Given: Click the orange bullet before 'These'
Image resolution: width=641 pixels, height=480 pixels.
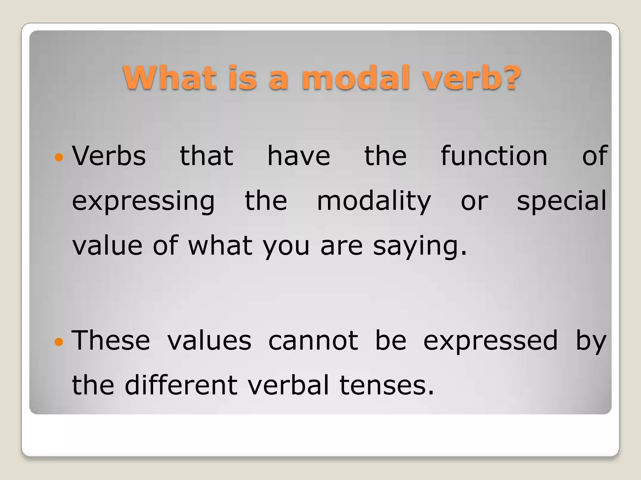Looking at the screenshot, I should point(59,342).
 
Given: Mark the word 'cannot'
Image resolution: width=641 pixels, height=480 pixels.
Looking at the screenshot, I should point(313,341).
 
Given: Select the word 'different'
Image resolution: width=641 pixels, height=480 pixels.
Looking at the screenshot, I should point(181,385).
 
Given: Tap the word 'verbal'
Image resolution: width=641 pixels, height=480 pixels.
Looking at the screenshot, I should point(288,385).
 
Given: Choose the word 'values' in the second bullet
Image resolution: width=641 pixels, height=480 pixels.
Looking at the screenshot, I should point(209,341).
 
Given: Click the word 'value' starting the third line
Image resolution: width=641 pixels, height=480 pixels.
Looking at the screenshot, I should point(107,246).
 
